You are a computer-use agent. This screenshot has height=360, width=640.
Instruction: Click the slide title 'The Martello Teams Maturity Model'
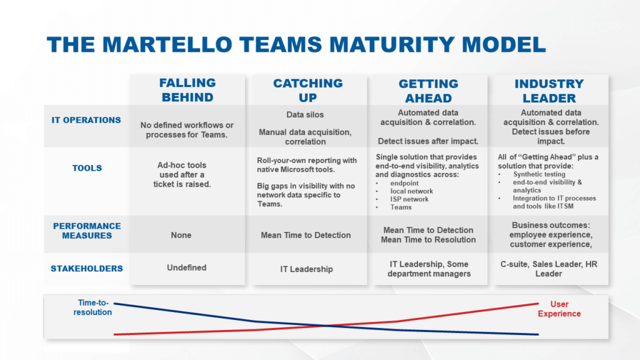click(296, 44)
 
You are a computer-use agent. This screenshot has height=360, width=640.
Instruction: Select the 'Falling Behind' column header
click(187, 90)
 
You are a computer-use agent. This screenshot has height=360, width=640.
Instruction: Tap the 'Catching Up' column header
click(307, 90)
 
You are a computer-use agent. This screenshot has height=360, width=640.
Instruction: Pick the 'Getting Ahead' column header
click(429, 90)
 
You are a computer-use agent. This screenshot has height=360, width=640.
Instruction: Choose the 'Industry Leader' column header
click(549, 90)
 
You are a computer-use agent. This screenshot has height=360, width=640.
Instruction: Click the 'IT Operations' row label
click(86, 120)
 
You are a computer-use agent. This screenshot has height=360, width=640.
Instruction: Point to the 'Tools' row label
click(86, 167)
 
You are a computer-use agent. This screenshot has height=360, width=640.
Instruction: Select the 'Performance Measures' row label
click(86, 231)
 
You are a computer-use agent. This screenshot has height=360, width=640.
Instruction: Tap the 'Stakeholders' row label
click(86, 268)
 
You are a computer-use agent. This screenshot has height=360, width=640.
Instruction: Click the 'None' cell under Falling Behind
click(181, 235)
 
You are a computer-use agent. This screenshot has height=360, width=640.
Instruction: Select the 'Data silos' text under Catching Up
click(306, 115)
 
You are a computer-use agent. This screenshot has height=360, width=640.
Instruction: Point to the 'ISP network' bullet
click(410, 199)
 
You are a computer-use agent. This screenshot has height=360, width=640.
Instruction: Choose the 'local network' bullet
click(411, 191)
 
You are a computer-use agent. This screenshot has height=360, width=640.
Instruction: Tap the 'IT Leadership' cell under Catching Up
click(306, 269)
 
